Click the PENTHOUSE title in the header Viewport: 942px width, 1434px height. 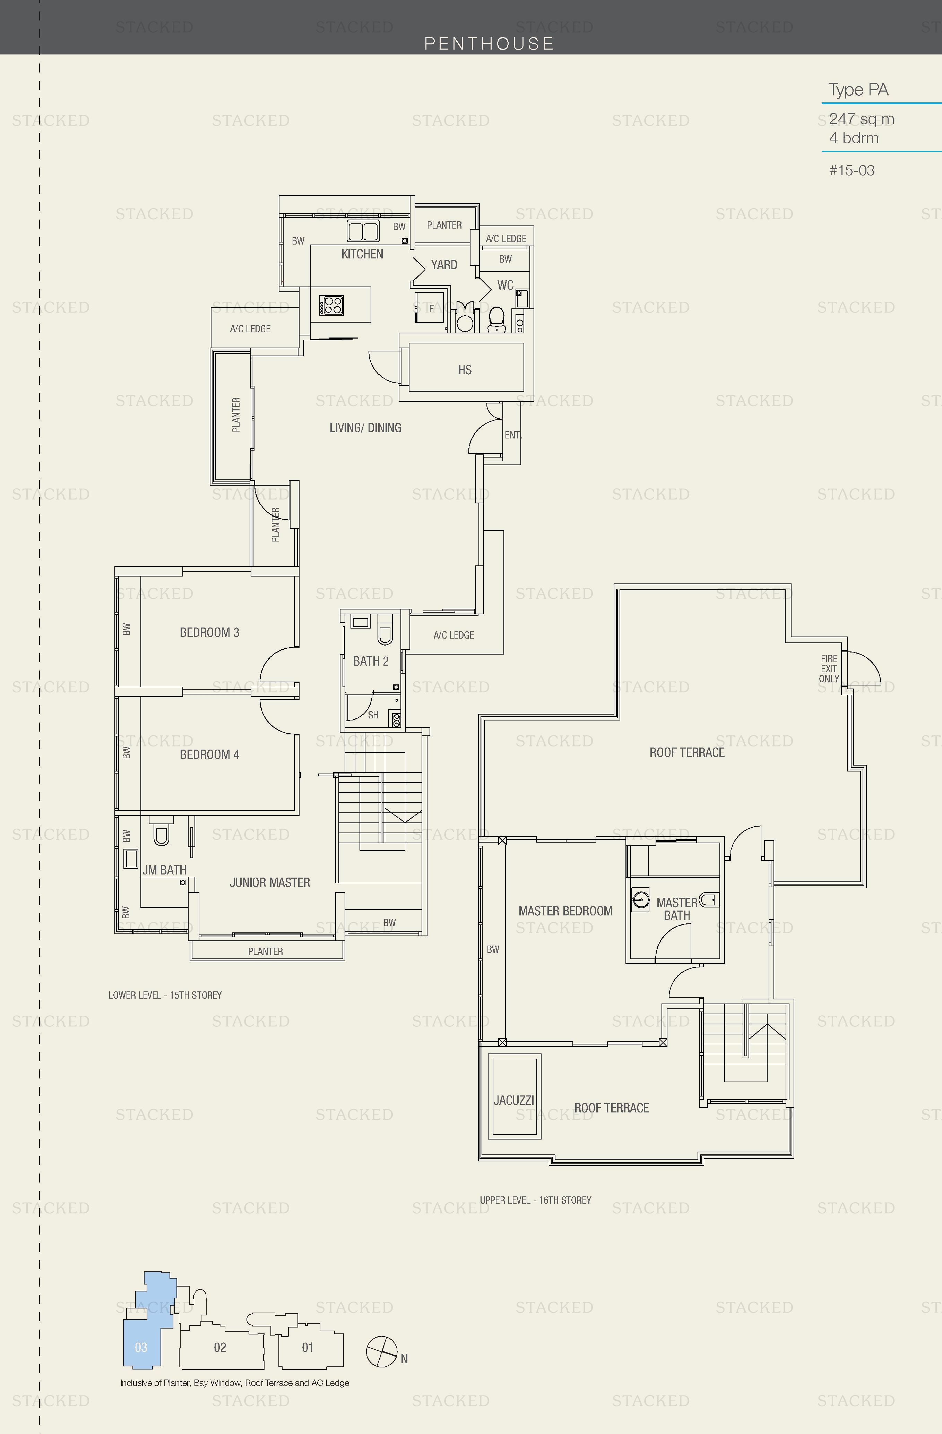click(x=489, y=43)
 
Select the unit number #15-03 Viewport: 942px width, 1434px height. click(x=851, y=171)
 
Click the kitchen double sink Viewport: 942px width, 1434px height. click(x=363, y=231)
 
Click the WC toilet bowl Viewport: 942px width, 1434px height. click(x=496, y=318)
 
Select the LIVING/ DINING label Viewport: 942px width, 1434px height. click(x=365, y=428)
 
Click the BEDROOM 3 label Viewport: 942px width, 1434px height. click(x=209, y=633)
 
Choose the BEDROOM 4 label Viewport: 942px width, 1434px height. click(x=209, y=754)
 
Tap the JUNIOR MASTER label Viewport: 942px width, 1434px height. click(x=269, y=883)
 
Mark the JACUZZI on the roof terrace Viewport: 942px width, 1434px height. click(x=514, y=1100)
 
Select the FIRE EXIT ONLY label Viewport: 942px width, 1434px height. click(x=829, y=669)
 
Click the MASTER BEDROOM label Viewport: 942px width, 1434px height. click(x=565, y=911)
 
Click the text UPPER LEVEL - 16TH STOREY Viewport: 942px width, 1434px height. click(x=535, y=1200)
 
